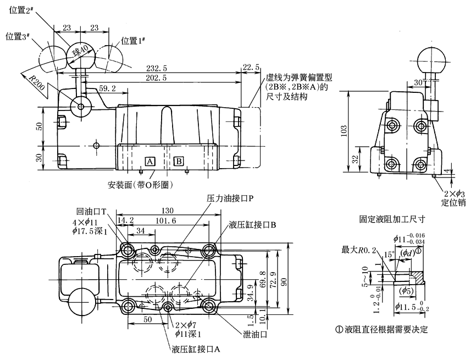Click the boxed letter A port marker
point(150,161)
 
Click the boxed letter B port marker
point(179,161)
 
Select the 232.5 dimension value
point(157,68)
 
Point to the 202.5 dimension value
point(157,77)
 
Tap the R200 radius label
point(37,82)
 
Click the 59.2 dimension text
point(108,88)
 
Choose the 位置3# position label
point(18,37)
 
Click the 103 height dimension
point(344,130)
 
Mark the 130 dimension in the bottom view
point(168,211)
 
